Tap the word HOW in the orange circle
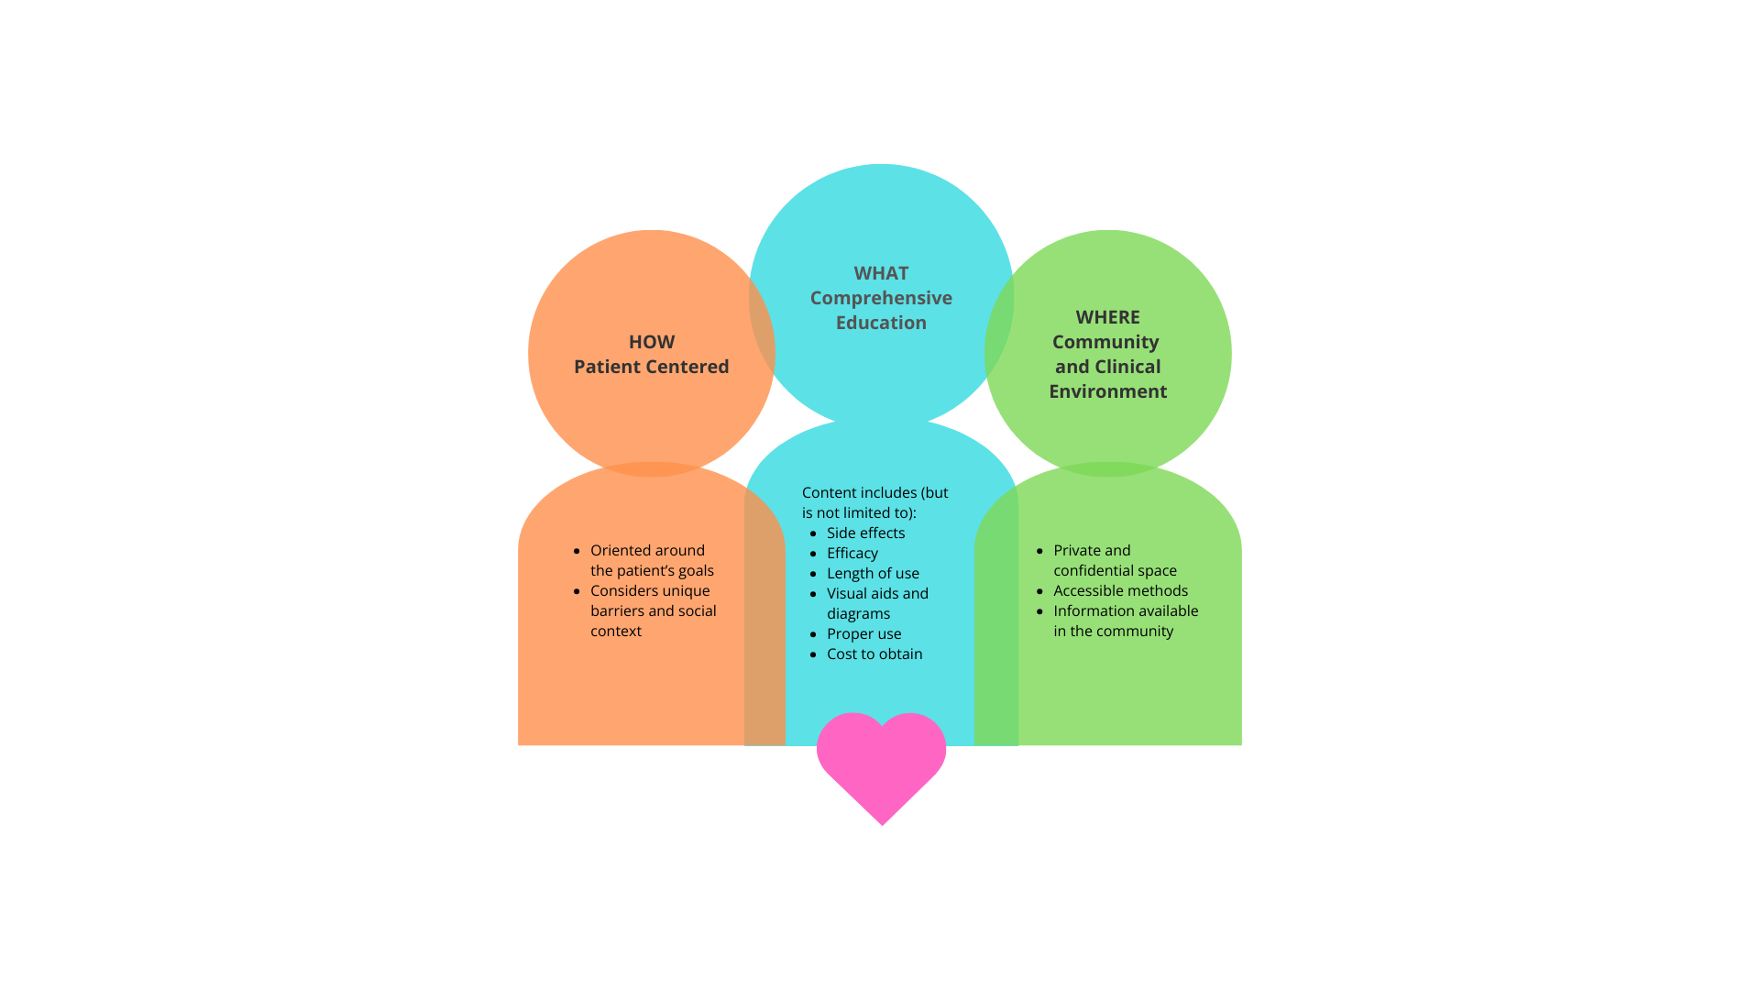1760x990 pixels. click(652, 342)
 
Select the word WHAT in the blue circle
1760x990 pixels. click(881, 273)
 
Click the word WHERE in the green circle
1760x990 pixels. click(1107, 317)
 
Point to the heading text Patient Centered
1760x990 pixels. click(652, 367)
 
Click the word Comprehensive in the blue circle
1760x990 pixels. click(881, 299)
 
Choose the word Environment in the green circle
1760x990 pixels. click(1107, 391)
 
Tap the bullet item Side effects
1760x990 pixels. click(865, 533)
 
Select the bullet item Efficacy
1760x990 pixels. click(852, 554)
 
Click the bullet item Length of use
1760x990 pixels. click(873, 574)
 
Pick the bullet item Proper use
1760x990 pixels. click(863, 634)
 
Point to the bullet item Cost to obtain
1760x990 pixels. click(874, 654)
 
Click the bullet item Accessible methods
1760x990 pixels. click(1120, 591)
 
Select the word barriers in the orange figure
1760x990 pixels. click(617, 610)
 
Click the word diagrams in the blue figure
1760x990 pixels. click(858, 614)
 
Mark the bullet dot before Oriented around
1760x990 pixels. click(577, 551)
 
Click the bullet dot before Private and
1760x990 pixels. click(1039, 551)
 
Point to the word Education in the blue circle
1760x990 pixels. click(881, 323)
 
